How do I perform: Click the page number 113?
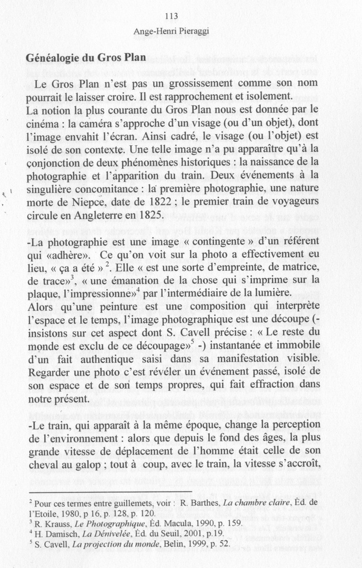tap(171, 17)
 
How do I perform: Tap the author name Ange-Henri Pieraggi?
tap(171, 32)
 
